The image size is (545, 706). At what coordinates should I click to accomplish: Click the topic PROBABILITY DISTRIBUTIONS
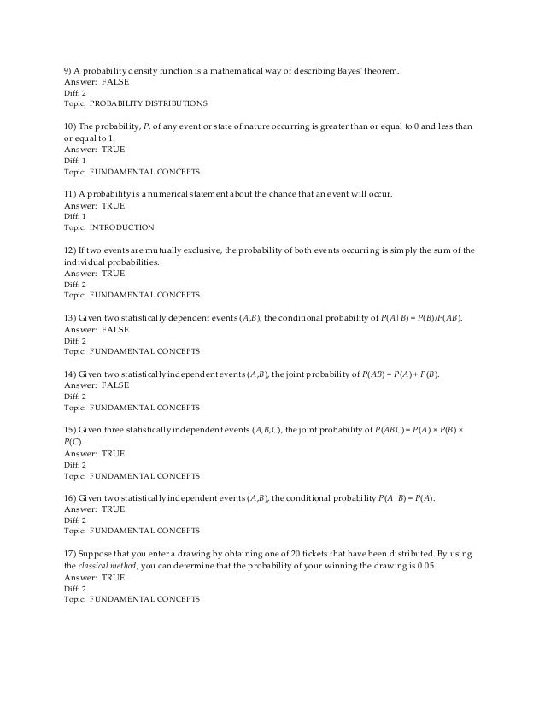(148, 103)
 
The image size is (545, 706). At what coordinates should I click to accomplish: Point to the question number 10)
(72, 126)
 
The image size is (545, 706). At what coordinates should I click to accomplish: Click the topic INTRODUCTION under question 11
(121, 227)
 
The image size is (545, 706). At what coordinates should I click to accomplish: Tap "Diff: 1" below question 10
(77, 159)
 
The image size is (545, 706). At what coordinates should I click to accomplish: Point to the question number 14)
(72, 374)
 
